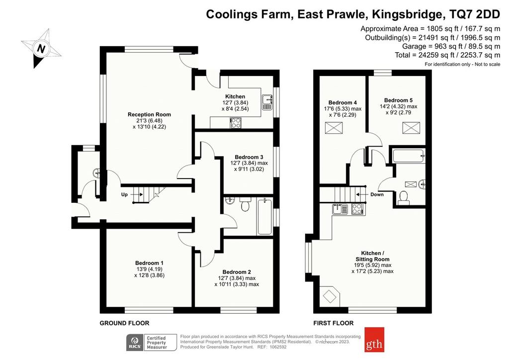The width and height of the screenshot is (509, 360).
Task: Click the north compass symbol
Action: (42, 48)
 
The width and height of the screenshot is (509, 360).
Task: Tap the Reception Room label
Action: (149, 114)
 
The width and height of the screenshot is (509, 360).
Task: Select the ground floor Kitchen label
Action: (235, 96)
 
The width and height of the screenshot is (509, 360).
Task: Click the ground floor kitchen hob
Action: (236, 123)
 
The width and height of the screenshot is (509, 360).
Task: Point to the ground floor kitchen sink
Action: (267, 102)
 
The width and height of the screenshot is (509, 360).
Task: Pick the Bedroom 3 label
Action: (249, 157)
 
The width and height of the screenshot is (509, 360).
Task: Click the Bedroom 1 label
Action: (149, 263)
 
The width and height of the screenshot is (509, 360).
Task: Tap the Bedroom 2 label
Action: (237, 272)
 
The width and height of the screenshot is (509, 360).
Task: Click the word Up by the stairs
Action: (124, 194)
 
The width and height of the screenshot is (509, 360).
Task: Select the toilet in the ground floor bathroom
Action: (245, 204)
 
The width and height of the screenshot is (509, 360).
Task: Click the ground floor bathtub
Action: (264, 216)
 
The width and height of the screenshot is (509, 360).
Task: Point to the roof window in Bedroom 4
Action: (334, 128)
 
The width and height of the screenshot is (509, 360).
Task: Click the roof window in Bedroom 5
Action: (411, 128)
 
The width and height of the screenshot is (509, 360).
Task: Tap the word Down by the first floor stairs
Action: (377, 194)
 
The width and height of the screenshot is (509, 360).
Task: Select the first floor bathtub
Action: (409, 156)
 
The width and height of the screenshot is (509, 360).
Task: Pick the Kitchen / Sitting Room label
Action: (372, 256)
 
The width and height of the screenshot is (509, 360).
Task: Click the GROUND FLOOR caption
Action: (124, 323)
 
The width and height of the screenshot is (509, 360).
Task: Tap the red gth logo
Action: (374, 340)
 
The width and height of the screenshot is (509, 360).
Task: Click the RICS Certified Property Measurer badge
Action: (151, 343)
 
